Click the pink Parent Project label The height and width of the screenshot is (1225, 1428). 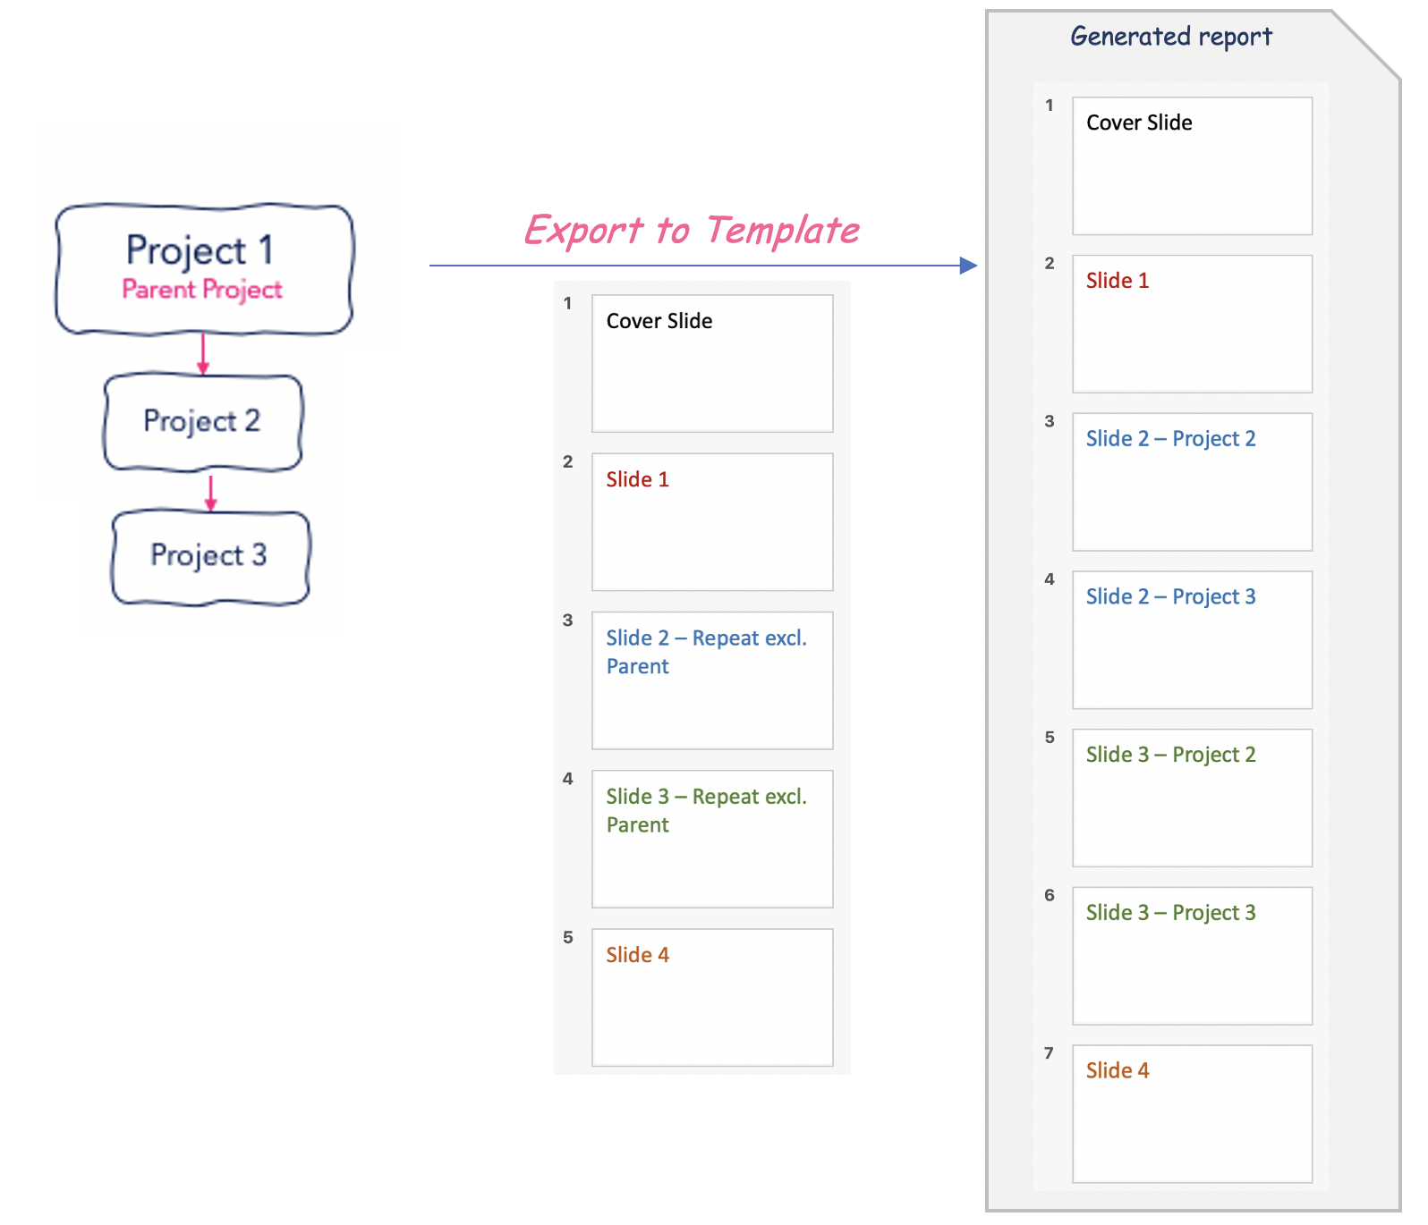tap(202, 290)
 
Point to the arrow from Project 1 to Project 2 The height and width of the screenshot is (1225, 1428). tap(203, 354)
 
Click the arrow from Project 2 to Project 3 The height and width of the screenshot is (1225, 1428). tap(210, 493)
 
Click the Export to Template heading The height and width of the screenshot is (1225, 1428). tap(692, 231)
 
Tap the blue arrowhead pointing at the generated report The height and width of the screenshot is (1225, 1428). tap(968, 266)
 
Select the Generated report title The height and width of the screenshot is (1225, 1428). tap(1171, 37)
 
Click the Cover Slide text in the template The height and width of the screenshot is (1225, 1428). tap(659, 321)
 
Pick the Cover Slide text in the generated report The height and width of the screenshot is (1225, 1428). tap(1139, 122)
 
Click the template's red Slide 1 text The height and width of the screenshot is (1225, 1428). tap(637, 479)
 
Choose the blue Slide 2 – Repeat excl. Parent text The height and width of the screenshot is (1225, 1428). tap(707, 652)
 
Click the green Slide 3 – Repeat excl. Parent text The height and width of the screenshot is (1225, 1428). tap(707, 810)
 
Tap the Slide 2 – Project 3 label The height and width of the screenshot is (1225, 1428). tap(1170, 596)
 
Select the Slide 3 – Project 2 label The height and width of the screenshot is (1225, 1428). tap(1170, 755)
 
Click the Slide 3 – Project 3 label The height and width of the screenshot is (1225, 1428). tap(1170, 913)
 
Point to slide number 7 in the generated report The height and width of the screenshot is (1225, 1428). tap(1050, 1053)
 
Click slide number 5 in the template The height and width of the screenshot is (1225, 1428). tap(568, 937)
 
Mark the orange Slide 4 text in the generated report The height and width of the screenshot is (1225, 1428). tap(1118, 1070)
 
